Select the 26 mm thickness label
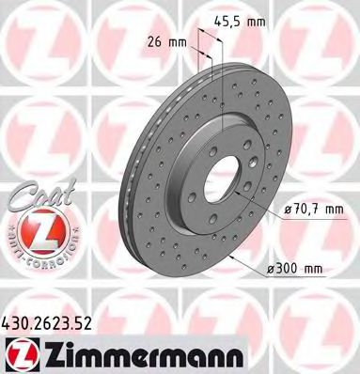167,41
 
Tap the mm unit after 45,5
255,18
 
